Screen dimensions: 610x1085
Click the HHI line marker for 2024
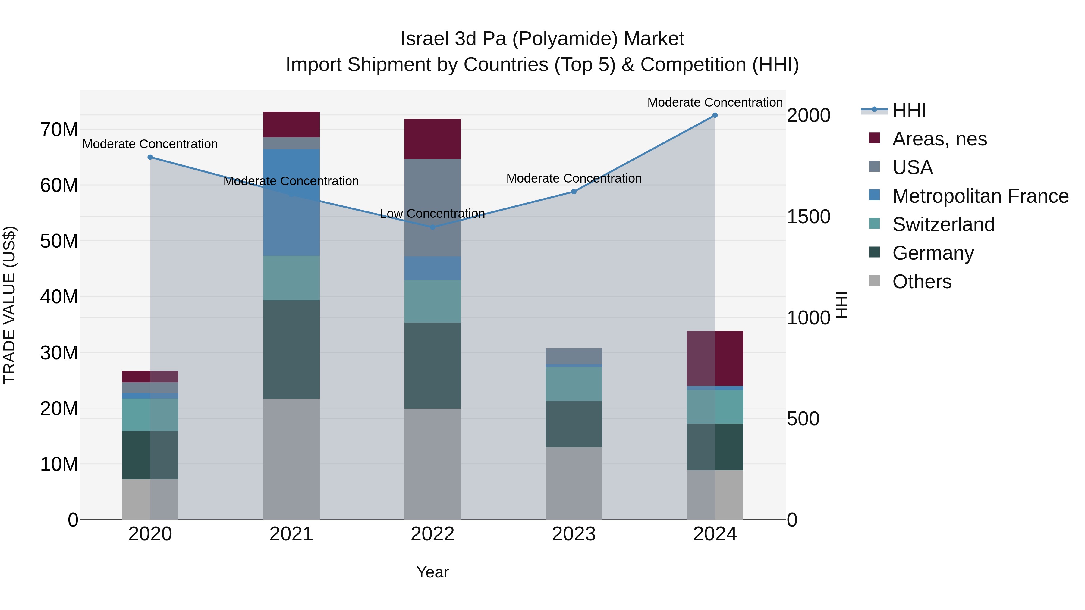pyautogui.click(x=715, y=115)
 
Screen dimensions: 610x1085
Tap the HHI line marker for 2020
pyautogui.click(x=150, y=157)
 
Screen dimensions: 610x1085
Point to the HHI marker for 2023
pyautogui.click(x=574, y=192)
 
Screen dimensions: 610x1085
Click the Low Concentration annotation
pyautogui.click(x=432, y=214)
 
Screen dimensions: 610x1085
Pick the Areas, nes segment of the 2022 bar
pyautogui.click(x=432, y=139)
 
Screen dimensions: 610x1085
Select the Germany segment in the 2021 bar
pyautogui.click(x=291, y=349)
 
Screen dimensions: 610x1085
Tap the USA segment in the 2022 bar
pyautogui.click(x=432, y=208)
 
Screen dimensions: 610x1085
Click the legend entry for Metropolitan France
pyautogui.click(x=980, y=196)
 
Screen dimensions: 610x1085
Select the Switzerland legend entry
pyautogui.click(x=943, y=224)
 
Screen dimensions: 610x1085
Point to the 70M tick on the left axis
pyautogui.click(x=59, y=130)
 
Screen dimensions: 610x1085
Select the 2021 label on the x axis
pyautogui.click(x=291, y=534)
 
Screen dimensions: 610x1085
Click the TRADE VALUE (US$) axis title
pyautogui.click(x=9, y=305)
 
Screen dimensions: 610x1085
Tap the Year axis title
pyautogui.click(x=432, y=572)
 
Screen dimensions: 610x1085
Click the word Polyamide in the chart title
pyautogui.click(x=565, y=39)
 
